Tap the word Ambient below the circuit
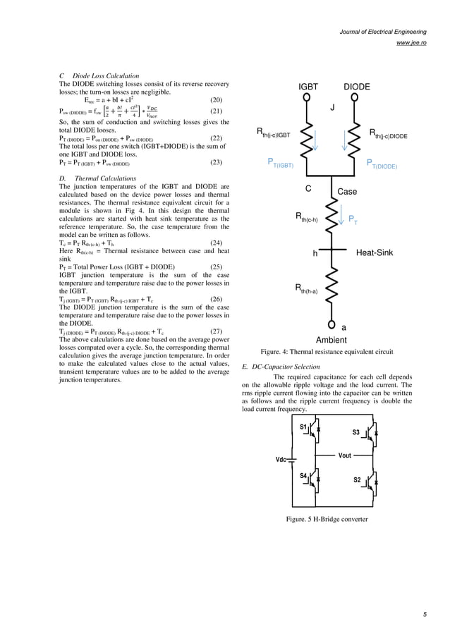tap(332, 339)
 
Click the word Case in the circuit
tap(347, 192)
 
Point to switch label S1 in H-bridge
tap(303, 427)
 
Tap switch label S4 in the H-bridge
tap(303, 476)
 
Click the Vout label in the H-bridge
tap(345, 455)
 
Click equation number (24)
tap(217, 243)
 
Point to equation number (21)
tap(217, 111)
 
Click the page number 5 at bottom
tap(425, 615)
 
